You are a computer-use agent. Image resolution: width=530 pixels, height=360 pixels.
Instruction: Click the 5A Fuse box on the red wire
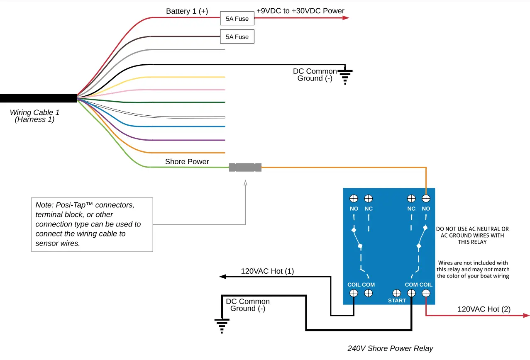(237, 18)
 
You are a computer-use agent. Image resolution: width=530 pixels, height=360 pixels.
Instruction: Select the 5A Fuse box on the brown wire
(237, 36)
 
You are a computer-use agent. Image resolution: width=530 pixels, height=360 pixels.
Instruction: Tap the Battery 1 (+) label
(187, 11)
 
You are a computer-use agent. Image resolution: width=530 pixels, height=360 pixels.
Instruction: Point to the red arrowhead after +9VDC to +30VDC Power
(346, 18)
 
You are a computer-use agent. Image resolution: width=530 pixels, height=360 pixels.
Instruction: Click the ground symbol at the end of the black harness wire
(345, 75)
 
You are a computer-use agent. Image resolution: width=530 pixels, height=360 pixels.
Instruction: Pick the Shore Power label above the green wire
(187, 161)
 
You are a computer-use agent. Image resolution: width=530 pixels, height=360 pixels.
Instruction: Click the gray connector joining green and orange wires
(245, 168)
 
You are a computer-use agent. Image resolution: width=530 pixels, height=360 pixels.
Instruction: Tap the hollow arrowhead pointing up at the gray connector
(245, 183)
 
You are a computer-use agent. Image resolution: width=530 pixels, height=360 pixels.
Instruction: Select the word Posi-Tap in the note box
(71, 205)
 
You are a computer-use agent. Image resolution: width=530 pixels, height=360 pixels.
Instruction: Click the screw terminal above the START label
(396, 293)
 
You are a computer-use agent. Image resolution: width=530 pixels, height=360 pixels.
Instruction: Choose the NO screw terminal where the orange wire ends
(426, 199)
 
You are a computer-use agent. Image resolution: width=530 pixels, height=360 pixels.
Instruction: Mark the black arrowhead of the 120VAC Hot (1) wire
(222, 277)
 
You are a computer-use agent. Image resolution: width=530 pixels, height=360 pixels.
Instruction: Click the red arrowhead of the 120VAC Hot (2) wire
(526, 315)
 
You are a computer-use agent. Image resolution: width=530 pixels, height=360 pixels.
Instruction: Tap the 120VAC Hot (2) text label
(484, 309)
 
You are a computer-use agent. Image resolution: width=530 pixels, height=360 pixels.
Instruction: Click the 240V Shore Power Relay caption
(390, 348)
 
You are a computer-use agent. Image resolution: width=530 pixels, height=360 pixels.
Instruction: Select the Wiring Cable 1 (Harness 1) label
(34, 116)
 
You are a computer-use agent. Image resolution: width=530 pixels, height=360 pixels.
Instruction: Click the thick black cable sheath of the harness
(39, 98)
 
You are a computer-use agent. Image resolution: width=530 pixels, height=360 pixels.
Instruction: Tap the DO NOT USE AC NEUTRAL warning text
(472, 236)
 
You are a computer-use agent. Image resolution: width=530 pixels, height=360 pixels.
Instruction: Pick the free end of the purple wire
(225, 140)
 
